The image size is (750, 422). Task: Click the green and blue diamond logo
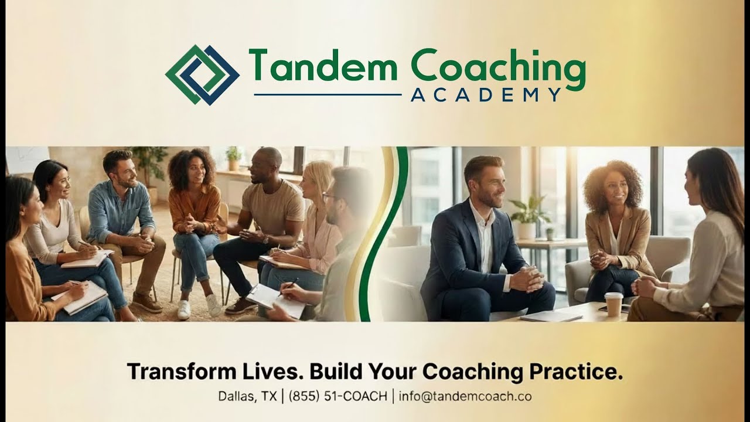[202, 75]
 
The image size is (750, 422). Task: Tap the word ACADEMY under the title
[486, 95]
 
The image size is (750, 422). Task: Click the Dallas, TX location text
[247, 396]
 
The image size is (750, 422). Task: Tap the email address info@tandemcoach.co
[465, 396]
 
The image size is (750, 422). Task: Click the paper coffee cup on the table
[613, 304]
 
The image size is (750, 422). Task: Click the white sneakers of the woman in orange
[199, 307]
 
